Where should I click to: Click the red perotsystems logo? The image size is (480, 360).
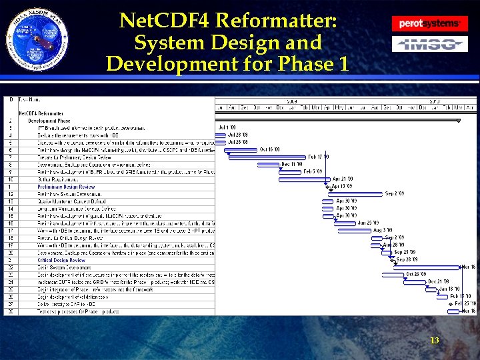[x=429, y=23]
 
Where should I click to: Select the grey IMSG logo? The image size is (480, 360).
[x=429, y=45]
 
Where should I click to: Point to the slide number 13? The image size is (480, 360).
[x=434, y=341]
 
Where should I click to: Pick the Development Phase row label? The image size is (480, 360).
[x=51, y=121]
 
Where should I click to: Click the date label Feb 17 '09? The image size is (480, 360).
[x=318, y=157]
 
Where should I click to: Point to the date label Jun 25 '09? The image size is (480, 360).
[x=368, y=223]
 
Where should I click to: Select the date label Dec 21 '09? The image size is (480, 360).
[x=438, y=281]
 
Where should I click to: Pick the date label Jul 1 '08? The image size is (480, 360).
[x=227, y=127]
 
